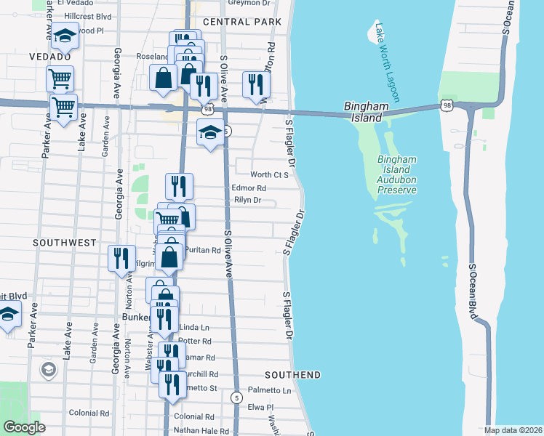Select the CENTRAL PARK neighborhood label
(242, 23)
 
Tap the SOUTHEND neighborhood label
(292, 375)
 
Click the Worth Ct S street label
(270, 175)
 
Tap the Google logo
(24, 427)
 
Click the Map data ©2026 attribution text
(513, 430)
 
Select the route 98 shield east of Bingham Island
(445, 106)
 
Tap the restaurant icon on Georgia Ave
(121, 258)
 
